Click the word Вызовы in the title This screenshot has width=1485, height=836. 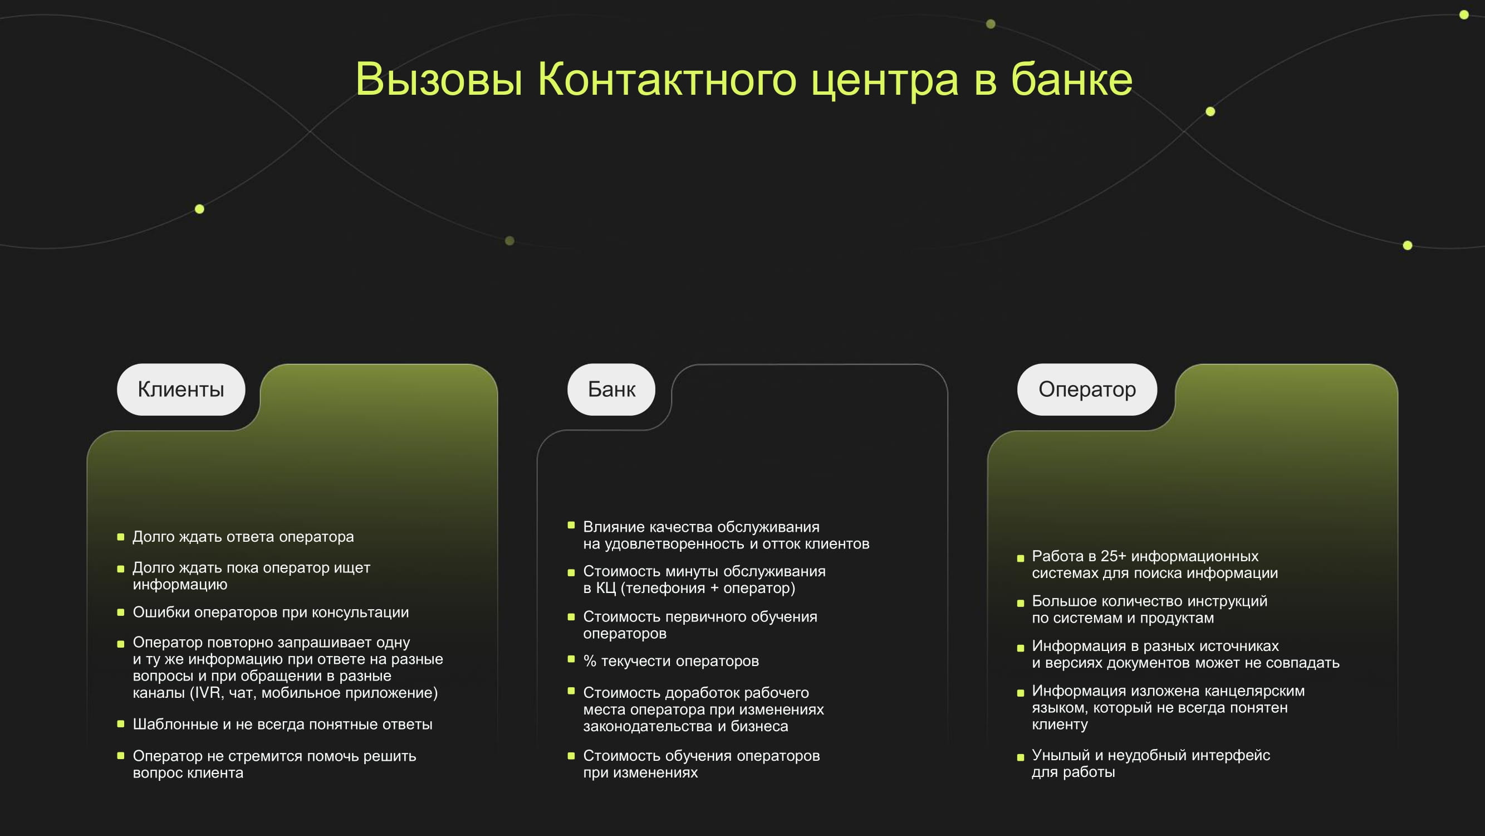[439, 79]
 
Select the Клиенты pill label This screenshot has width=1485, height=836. [181, 390]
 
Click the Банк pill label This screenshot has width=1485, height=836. [611, 390]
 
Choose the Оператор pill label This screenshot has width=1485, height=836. [1087, 390]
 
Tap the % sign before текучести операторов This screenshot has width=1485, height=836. [590, 661]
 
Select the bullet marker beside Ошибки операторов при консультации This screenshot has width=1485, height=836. [120, 612]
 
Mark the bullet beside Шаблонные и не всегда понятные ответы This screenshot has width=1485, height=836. [120, 723]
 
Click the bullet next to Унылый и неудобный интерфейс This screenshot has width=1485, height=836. [1021, 757]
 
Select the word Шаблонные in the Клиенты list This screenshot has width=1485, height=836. [175, 724]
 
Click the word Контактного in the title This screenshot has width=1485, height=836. [667, 79]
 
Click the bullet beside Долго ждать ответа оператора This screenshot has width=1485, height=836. [120, 537]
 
